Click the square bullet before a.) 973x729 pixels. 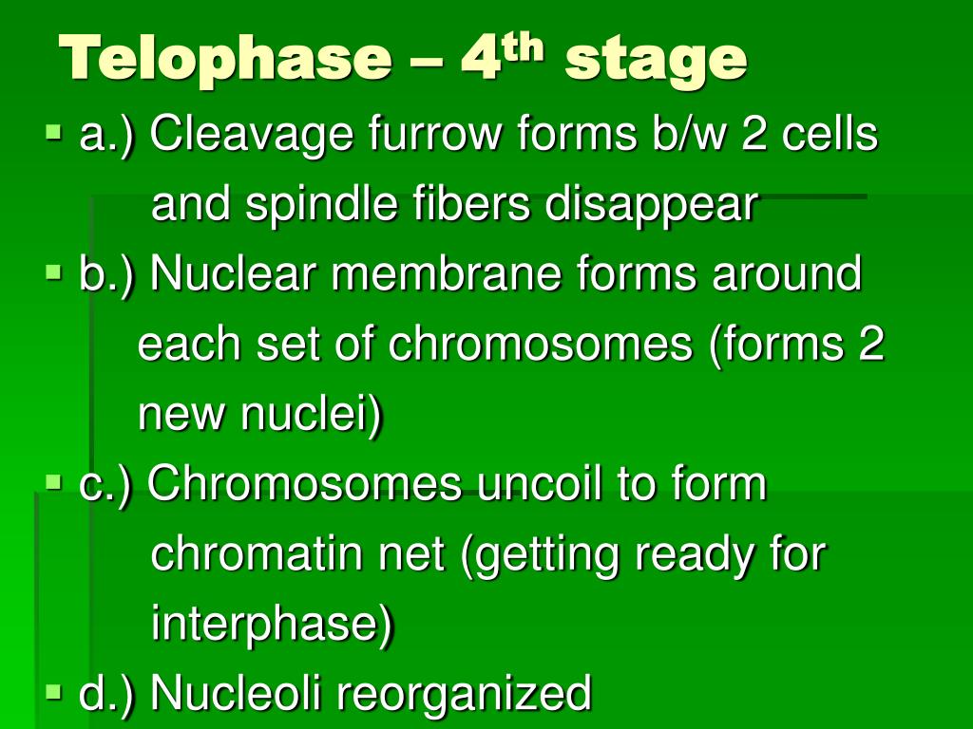(x=54, y=131)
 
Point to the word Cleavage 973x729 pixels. (x=252, y=135)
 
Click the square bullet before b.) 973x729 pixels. (x=54, y=271)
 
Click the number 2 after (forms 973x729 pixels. (x=870, y=344)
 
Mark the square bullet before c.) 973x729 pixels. (x=54, y=481)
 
